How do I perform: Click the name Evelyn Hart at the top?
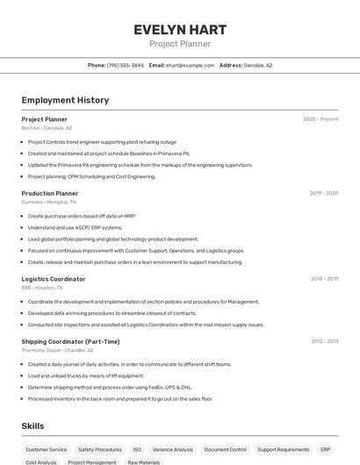(x=179, y=29)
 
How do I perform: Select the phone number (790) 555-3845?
(x=125, y=65)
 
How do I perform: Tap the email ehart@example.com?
(x=190, y=65)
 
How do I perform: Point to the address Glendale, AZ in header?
(x=257, y=65)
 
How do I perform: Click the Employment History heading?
(x=65, y=100)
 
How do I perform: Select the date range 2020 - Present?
(x=320, y=118)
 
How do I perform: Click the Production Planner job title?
(x=50, y=193)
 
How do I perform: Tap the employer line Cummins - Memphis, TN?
(x=48, y=202)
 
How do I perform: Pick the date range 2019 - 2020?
(x=324, y=193)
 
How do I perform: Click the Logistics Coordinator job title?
(x=54, y=279)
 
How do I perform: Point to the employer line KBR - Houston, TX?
(x=42, y=288)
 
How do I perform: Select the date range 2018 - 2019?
(x=324, y=279)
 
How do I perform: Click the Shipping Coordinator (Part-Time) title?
(x=70, y=341)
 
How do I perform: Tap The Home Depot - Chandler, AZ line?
(x=54, y=350)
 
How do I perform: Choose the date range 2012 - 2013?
(x=324, y=341)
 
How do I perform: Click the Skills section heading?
(x=33, y=426)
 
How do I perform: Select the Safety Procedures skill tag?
(x=100, y=449)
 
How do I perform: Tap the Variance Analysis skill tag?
(x=173, y=449)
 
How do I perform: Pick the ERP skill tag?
(x=325, y=449)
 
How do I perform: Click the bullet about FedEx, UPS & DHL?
(x=110, y=387)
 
